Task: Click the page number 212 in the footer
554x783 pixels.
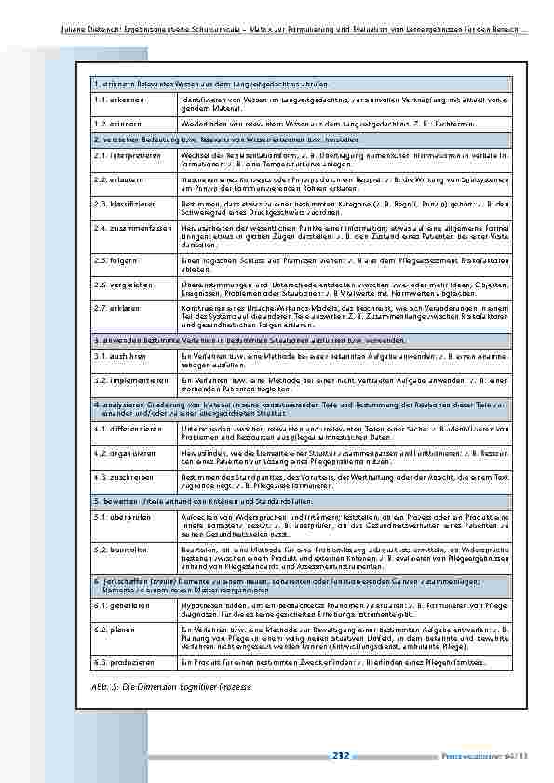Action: [x=340, y=757]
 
